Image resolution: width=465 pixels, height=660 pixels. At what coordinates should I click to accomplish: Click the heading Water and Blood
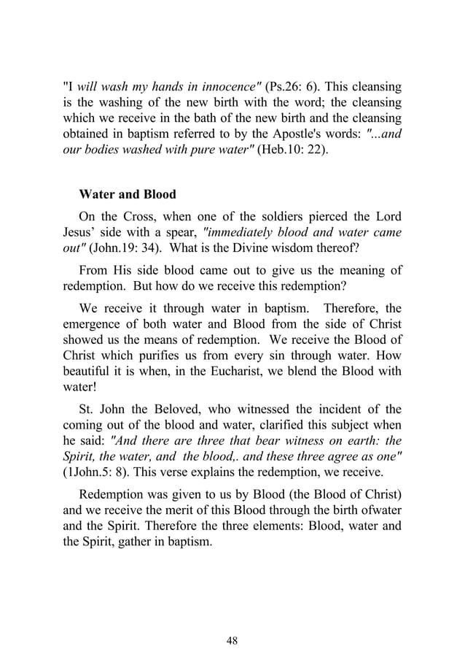127,196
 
